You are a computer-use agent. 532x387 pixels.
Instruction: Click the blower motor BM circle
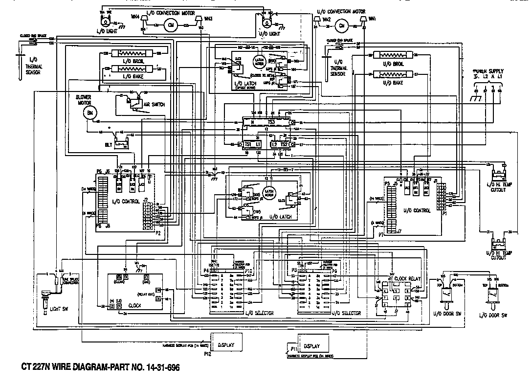point(89,114)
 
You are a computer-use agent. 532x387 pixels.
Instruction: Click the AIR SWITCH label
point(154,105)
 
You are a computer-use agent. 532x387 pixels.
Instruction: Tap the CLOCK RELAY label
point(407,278)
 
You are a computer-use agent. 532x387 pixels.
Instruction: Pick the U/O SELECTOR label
point(346,313)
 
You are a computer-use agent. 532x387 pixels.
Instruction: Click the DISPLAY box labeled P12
point(225,345)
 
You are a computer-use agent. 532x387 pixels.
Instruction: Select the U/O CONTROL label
point(418,210)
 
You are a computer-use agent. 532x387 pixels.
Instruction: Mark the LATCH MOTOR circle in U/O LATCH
point(268,192)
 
